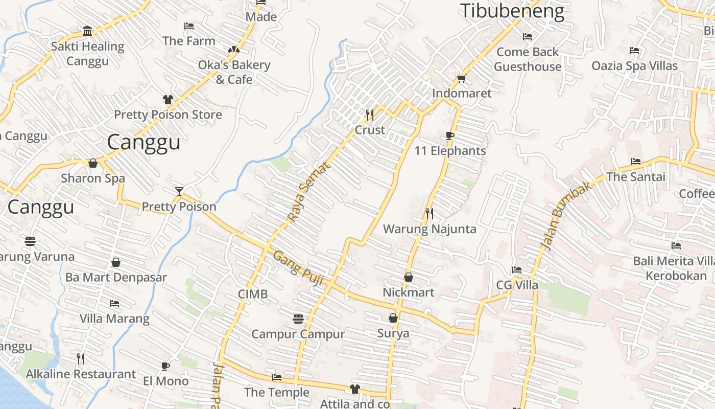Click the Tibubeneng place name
click(512, 11)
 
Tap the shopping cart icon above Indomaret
click(461, 78)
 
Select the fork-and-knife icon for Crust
click(370, 115)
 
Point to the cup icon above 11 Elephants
click(449, 135)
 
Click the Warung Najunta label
click(430, 229)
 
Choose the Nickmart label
click(409, 292)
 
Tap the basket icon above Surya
click(393, 318)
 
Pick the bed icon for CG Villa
click(517, 270)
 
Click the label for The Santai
click(636, 177)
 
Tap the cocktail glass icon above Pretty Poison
click(179, 192)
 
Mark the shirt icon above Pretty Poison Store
click(168, 99)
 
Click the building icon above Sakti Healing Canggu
click(87, 31)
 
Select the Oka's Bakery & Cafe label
click(234, 72)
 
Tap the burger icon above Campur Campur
click(298, 319)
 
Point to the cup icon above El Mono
click(165, 366)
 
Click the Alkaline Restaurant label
click(81, 374)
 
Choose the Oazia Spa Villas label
click(634, 66)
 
